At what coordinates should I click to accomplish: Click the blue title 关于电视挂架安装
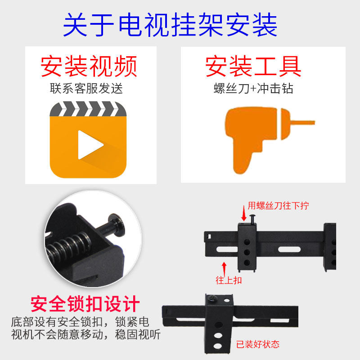point(170,25)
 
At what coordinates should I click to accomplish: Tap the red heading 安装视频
point(89,67)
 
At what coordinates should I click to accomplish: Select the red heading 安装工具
point(253,66)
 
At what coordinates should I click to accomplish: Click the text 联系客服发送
point(86,88)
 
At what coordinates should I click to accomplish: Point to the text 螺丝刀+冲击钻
point(253,88)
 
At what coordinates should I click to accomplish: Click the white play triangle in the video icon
point(90,145)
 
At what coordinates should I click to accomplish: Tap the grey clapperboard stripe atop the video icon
point(88,109)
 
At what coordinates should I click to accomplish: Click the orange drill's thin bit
point(302,123)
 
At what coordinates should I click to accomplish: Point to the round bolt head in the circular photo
point(117,225)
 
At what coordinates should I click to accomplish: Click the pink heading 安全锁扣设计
point(85,304)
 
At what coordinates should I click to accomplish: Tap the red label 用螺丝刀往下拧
point(278,206)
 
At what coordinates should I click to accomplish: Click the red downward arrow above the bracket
point(244,213)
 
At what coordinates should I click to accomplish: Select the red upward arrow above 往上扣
point(224,269)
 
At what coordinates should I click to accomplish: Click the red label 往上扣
point(229,280)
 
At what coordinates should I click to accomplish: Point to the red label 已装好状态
point(258,344)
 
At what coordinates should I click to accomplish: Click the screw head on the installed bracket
point(211,298)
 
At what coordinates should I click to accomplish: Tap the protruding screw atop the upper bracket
point(252,219)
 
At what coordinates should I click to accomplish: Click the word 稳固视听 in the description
point(138,334)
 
